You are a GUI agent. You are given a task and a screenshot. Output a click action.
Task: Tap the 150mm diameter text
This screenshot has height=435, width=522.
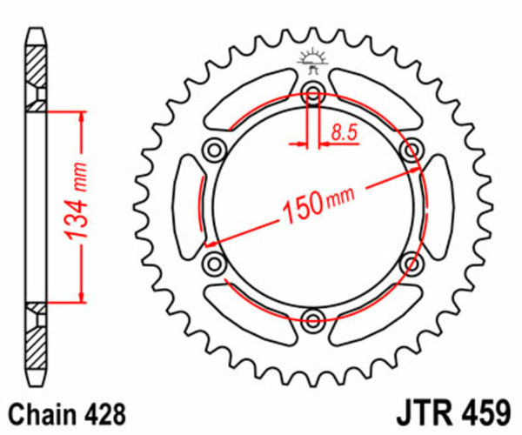[314, 207]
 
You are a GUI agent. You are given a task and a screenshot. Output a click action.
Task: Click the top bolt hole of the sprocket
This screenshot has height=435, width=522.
[312, 96]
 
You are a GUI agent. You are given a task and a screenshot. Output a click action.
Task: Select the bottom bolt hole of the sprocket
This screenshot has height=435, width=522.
[312, 316]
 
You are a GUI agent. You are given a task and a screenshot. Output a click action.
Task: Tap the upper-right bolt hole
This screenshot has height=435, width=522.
[409, 151]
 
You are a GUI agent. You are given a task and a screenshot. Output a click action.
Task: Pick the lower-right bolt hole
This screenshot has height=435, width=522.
[409, 261]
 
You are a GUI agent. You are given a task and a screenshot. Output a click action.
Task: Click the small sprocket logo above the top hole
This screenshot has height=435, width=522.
[312, 58]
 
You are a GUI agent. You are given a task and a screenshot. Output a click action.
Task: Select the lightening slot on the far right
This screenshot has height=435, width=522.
[436, 206]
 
